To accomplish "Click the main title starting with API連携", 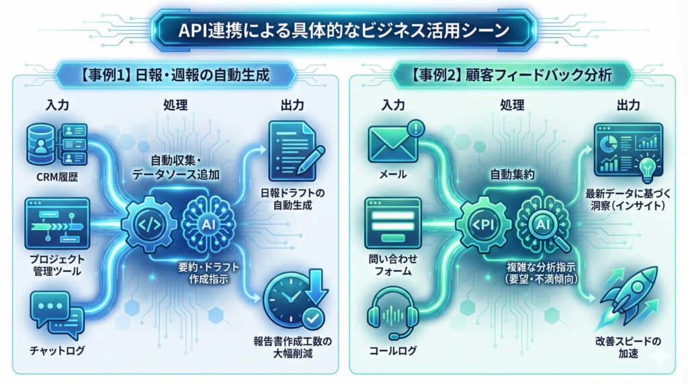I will point(343,30).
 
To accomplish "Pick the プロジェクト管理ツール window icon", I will point(56,223).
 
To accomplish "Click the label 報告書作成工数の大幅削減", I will point(293,344).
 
